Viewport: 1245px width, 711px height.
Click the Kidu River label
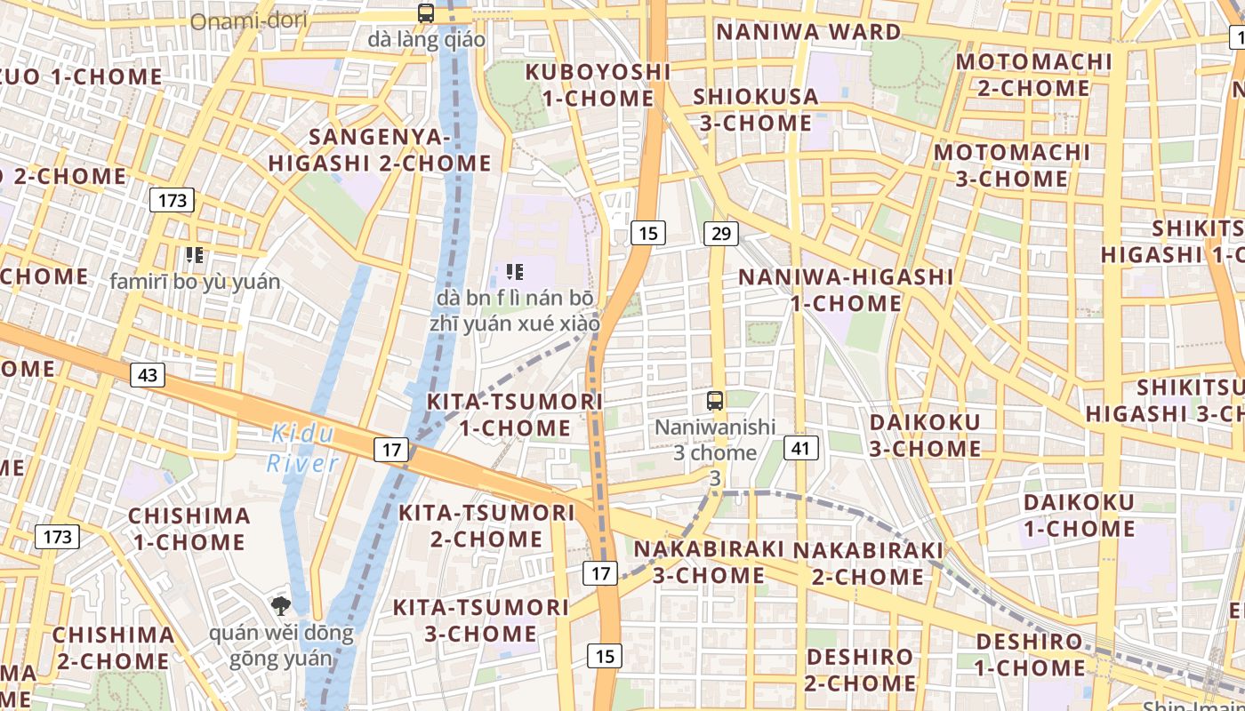click(x=302, y=449)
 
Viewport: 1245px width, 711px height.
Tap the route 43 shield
click(x=148, y=375)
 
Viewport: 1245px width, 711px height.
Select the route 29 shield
click(x=720, y=234)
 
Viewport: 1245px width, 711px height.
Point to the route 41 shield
click(x=801, y=448)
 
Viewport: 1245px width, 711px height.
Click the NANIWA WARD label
click(x=808, y=32)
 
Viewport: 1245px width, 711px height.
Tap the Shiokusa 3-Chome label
click(x=755, y=109)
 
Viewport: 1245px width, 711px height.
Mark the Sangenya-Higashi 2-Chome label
click(x=380, y=150)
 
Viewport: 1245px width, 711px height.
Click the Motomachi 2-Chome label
click(x=1034, y=75)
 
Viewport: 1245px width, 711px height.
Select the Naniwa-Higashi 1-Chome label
click(x=846, y=290)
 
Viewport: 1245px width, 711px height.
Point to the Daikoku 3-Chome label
click(x=925, y=435)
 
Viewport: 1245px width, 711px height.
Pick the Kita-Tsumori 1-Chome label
click(x=515, y=414)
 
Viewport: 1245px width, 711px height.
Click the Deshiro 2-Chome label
click(x=859, y=670)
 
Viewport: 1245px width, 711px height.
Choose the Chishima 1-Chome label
click(x=189, y=529)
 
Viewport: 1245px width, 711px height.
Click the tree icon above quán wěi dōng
click(x=281, y=607)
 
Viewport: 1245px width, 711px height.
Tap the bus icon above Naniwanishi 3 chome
click(x=715, y=400)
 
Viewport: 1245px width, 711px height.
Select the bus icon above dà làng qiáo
click(x=426, y=13)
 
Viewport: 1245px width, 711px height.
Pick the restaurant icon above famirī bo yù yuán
click(x=195, y=256)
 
